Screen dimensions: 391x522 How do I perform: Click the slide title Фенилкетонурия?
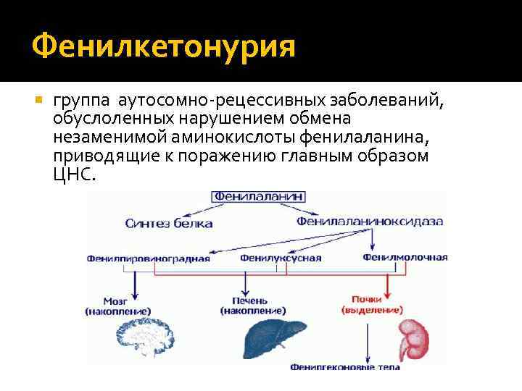click(164, 47)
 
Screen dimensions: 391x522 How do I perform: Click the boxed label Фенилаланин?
click(258, 196)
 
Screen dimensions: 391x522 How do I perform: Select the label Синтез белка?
click(168, 223)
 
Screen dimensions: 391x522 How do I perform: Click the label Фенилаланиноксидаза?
click(370, 222)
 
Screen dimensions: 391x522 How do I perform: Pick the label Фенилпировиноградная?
click(148, 257)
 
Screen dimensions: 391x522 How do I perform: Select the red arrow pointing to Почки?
click(387, 285)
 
